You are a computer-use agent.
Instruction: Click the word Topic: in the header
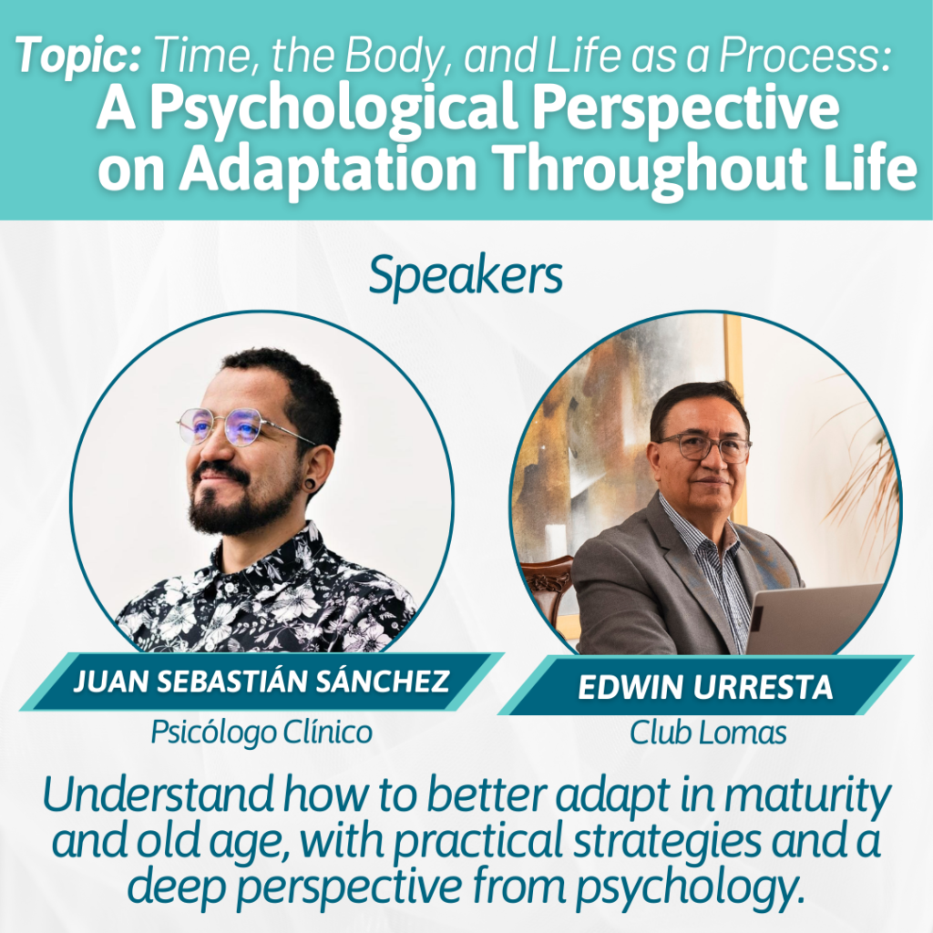point(78,56)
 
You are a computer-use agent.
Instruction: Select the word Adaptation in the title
point(327,169)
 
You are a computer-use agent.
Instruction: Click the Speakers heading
point(466,277)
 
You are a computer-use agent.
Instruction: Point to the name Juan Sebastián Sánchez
point(261,682)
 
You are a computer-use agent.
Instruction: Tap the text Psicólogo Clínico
point(261,732)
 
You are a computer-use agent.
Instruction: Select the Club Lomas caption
point(708,733)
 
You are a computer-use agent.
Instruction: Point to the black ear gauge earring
point(309,484)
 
